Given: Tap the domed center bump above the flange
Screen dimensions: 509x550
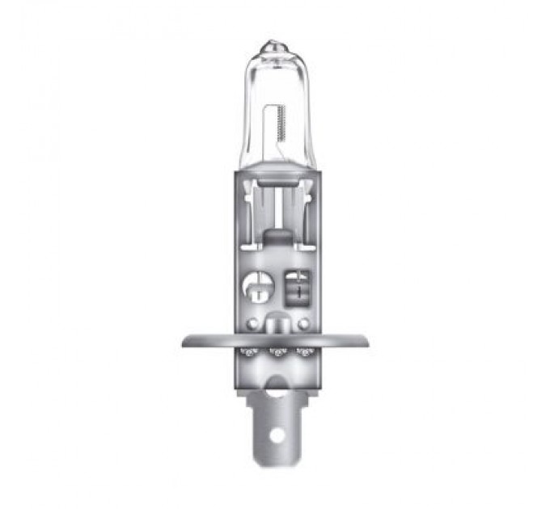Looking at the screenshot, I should coord(276,323).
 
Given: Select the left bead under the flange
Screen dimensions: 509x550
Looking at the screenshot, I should coord(248,352).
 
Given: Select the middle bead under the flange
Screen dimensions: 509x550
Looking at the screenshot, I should coord(276,352).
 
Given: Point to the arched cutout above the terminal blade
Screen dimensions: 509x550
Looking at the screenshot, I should coord(276,385).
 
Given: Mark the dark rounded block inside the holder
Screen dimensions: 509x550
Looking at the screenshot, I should coord(277,238).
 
